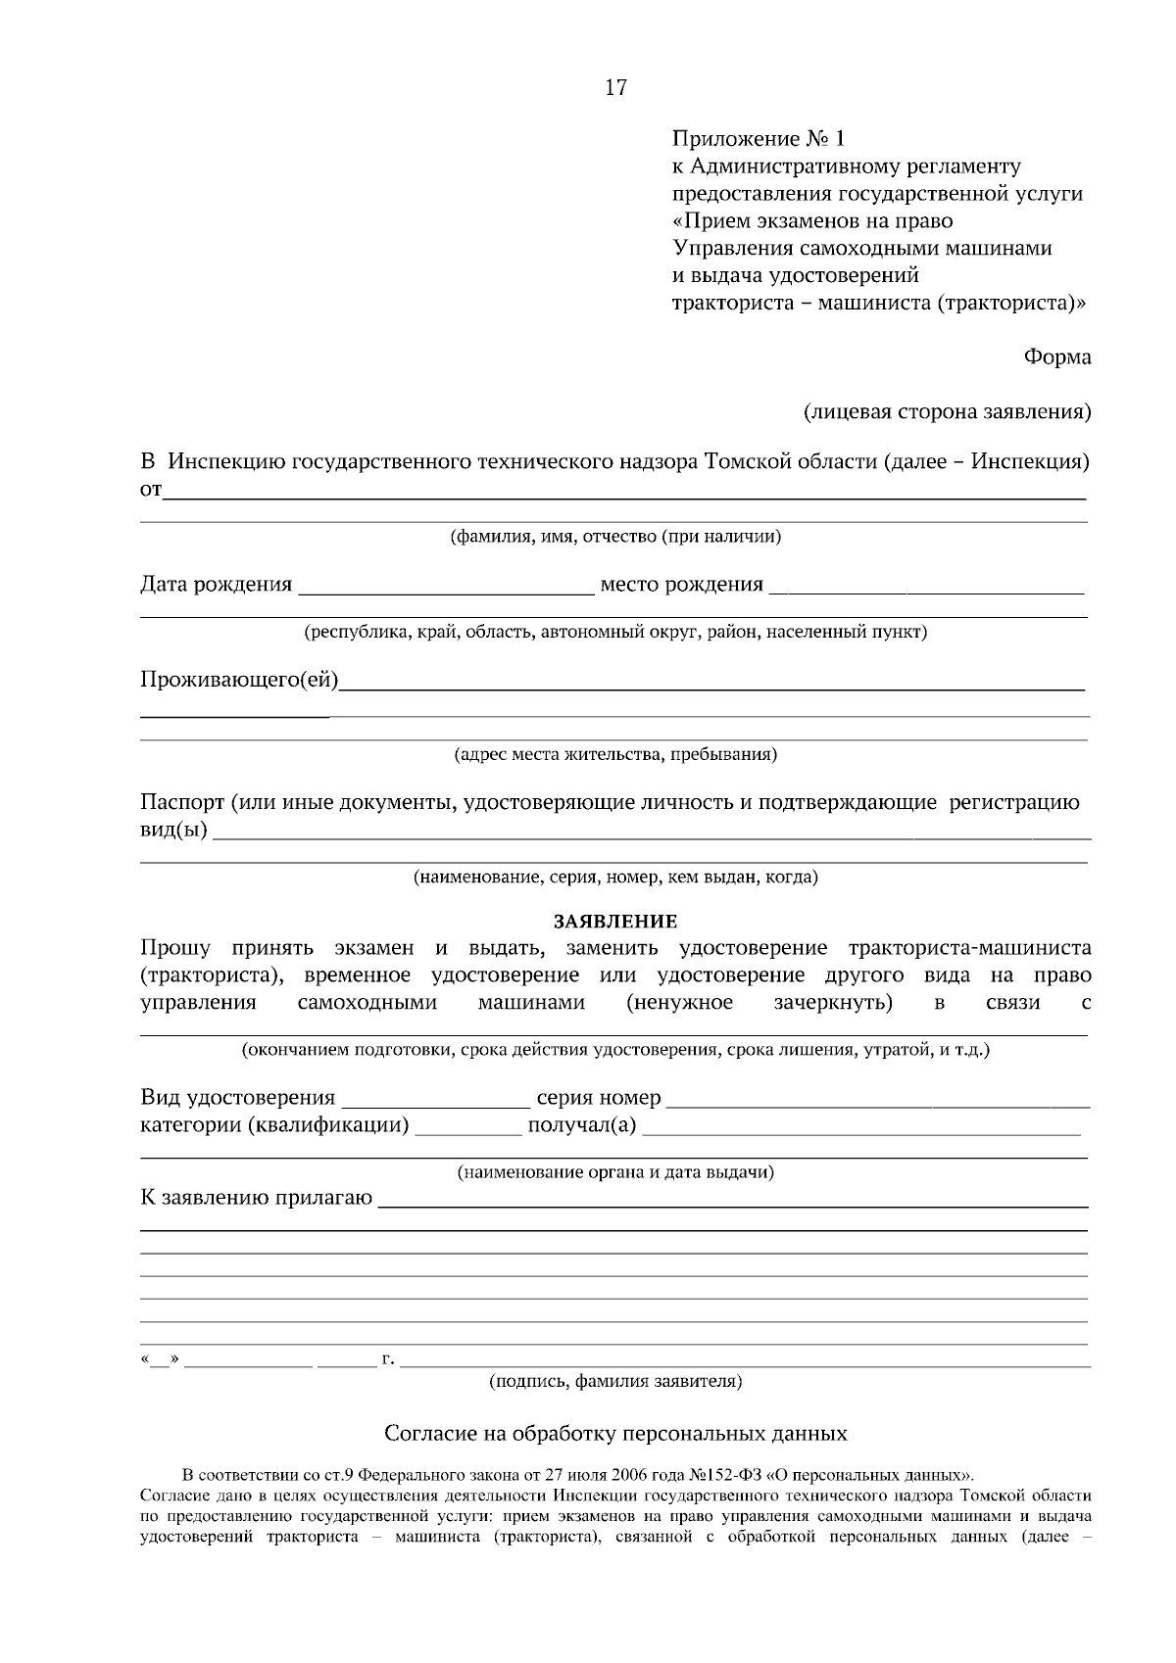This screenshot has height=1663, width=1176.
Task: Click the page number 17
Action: click(x=615, y=88)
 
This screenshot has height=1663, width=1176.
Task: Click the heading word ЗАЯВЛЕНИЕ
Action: click(x=615, y=922)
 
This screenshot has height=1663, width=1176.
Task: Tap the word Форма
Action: click(x=1057, y=357)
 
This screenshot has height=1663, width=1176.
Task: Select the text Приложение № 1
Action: click(x=757, y=139)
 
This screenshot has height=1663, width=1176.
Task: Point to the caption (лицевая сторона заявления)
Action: click(x=947, y=412)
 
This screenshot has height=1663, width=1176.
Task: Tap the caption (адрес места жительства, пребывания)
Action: click(x=615, y=755)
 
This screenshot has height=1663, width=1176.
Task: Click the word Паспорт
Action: click(x=182, y=804)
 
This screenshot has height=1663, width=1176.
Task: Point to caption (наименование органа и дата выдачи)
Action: click(x=615, y=1172)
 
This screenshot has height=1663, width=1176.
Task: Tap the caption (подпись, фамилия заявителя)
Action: click(x=615, y=1382)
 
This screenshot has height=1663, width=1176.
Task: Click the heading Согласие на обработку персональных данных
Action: click(x=615, y=1434)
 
